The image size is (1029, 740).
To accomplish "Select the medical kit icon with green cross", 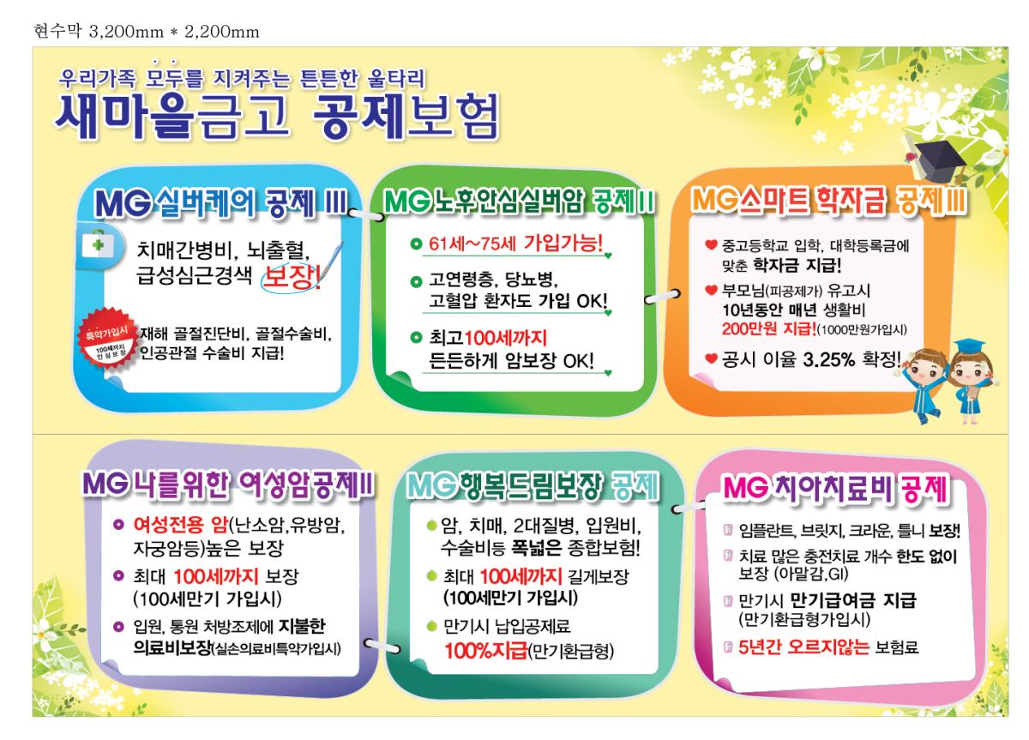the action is point(98,244).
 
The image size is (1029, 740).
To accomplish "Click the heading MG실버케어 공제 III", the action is point(221,202).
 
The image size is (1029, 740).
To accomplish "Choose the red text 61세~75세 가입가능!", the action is point(515,243).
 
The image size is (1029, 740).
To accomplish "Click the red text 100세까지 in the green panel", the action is point(506,338).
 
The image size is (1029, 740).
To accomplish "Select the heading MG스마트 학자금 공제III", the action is point(829,201).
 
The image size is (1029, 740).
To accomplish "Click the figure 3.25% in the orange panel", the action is point(828,359).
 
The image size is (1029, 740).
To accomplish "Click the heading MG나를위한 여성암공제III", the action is point(228,484).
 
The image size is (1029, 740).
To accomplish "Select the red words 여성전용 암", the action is point(181,524).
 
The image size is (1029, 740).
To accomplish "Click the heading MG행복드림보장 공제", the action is point(533,485).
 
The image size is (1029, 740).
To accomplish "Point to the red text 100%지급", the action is point(486,651).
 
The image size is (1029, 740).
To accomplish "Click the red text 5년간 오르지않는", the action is point(804,647).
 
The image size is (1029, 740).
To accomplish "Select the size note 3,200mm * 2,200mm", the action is point(174,32).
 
